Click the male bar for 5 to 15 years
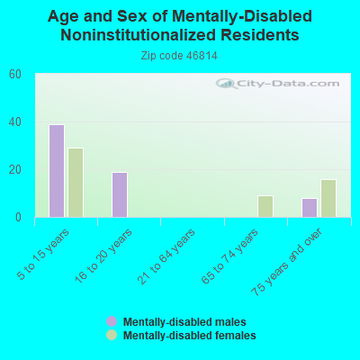pos(57,171)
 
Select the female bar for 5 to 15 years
pos(76,183)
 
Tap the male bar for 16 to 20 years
pos(120,194)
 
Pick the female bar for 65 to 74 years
pos(265,206)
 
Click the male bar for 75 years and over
pos(310,208)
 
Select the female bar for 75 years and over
pos(328,198)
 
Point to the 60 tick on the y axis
pos(15,75)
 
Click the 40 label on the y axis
pos(15,122)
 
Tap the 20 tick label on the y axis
pos(15,170)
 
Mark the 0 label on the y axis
pos(18,217)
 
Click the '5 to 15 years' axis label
pos(43,255)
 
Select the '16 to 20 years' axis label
pos(103,256)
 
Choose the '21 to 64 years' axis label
pos(166,256)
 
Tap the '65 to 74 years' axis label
pos(229,256)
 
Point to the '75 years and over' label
pos(286,262)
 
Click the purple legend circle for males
pos(112,321)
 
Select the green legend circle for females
pos(112,335)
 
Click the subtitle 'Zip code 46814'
pos(179,56)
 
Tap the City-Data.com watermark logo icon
pos(226,84)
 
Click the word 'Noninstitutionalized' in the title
pos(139,35)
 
